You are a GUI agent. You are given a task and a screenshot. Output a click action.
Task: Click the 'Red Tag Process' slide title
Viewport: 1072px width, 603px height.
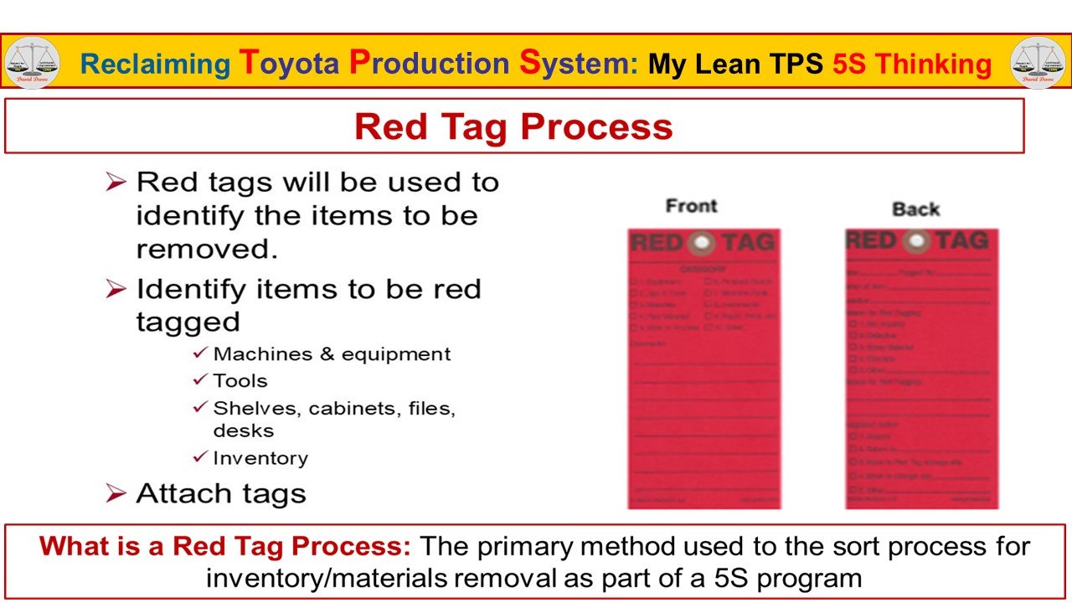(513, 126)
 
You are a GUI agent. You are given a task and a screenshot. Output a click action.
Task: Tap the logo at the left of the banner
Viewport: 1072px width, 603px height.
(32, 63)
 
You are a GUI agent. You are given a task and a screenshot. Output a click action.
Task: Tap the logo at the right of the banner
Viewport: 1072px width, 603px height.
(1038, 63)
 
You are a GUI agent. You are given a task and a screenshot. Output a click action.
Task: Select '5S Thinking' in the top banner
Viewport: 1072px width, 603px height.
(912, 64)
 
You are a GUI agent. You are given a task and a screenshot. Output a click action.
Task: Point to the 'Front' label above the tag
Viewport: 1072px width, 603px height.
(691, 206)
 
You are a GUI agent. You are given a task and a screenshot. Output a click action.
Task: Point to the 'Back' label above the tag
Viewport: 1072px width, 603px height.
(915, 209)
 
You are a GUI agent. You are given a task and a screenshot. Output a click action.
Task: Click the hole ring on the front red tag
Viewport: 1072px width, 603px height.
(701, 243)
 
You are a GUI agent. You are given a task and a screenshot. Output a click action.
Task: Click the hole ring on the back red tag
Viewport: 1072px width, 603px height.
(917, 241)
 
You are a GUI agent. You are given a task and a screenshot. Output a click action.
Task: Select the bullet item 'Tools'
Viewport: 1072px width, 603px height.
(240, 381)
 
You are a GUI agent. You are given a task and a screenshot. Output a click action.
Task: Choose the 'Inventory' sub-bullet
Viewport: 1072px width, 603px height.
(260, 458)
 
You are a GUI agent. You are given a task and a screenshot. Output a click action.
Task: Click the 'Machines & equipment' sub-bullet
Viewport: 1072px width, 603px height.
(332, 354)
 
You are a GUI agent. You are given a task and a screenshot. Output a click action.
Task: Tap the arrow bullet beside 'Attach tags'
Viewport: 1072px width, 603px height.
(116, 493)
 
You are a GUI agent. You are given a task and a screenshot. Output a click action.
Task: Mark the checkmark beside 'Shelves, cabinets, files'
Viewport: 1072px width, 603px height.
(199, 408)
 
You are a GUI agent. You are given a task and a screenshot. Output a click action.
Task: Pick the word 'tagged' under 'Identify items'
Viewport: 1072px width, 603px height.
(188, 322)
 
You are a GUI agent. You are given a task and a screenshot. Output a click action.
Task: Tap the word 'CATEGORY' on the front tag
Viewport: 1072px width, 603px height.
(703, 268)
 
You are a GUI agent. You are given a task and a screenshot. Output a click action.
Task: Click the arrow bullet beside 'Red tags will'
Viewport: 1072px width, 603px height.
(116, 182)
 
